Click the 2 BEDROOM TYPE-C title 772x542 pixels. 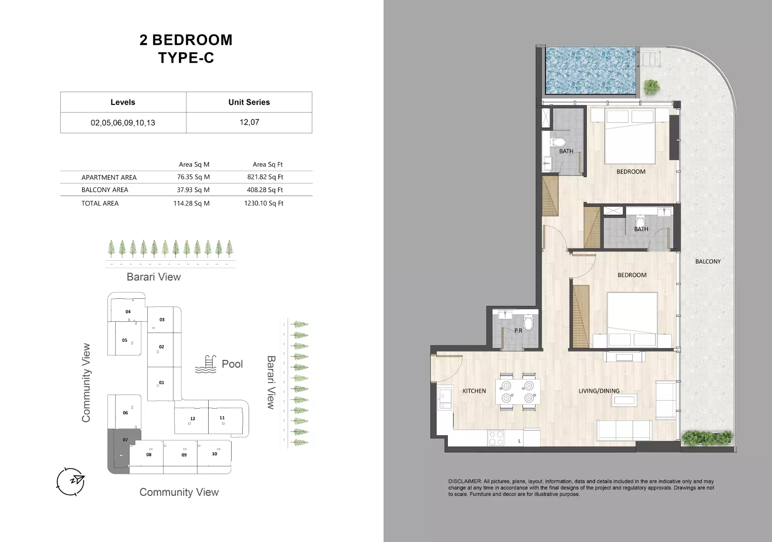pyautogui.click(x=186, y=49)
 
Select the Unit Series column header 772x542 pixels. pyautogui.click(x=249, y=102)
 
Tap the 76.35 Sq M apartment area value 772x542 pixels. pyautogui.click(x=193, y=177)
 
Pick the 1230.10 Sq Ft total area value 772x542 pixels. pyautogui.click(x=264, y=203)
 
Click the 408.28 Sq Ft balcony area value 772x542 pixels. pyautogui.click(x=264, y=190)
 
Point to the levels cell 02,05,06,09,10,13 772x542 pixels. pyautogui.click(x=123, y=123)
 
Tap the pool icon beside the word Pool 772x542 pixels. pyautogui.click(x=206, y=364)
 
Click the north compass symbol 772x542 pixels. pyautogui.click(x=71, y=481)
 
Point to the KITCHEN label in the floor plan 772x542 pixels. pyautogui.click(x=474, y=391)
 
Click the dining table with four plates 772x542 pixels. pyautogui.click(x=517, y=392)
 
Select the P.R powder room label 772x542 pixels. pyautogui.click(x=518, y=330)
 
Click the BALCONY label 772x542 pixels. pyautogui.click(x=708, y=261)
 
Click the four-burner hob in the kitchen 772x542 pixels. pyautogui.click(x=496, y=438)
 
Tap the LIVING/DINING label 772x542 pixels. pyautogui.click(x=599, y=391)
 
